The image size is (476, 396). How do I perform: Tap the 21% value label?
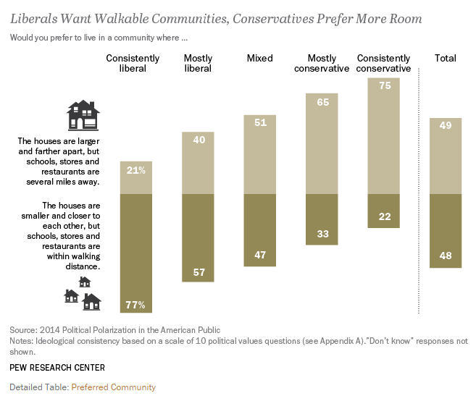(136, 171)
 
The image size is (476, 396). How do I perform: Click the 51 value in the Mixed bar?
(259, 123)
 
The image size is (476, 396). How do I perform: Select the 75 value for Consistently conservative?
(384, 85)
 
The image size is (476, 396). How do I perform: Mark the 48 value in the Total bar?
(446, 256)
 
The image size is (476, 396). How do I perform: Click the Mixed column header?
(259, 58)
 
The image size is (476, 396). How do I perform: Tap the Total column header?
(446, 58)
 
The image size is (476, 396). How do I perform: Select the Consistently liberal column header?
(136, 63)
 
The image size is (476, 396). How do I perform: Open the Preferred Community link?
(113, 387)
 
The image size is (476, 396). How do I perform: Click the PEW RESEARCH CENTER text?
(57, 368)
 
